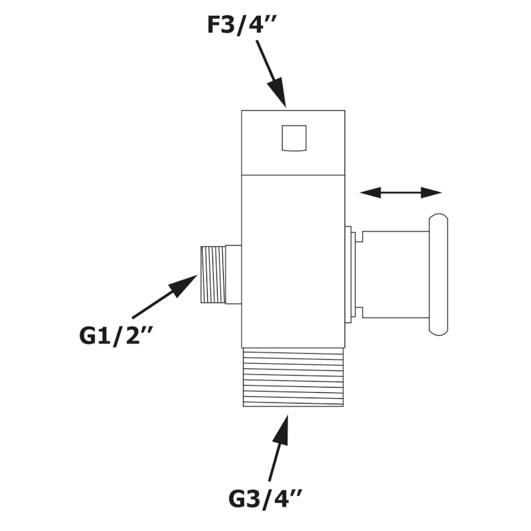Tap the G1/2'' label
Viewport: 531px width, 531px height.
[115, 335]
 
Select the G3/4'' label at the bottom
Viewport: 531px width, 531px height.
[265, 498]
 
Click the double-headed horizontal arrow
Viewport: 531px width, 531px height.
[400, 193]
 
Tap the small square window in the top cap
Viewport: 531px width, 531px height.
[294, 138]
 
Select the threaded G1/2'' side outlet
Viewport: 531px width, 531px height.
[213, 274]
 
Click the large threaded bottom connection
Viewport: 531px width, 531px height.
[293, 377]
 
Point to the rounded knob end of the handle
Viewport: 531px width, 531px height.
[438, 274]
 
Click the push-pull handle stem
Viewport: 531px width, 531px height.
[396, 274]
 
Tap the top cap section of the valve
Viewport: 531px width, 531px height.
[293, 143]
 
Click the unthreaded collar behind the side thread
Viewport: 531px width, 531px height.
[234, 274]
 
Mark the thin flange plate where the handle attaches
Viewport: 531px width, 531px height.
[348, 274]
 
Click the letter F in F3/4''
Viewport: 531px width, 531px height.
[214, 25]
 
